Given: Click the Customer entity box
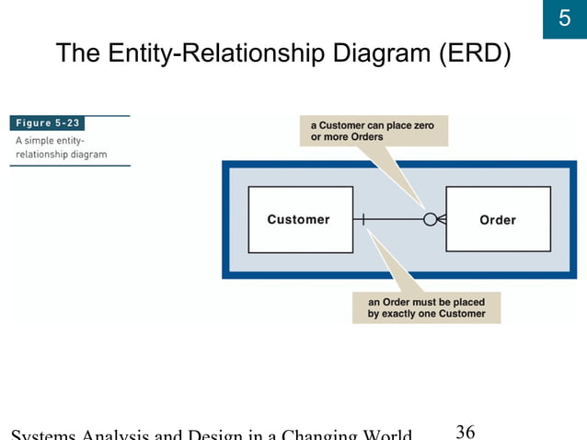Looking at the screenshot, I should click(x=300, y=219).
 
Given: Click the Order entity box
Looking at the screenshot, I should click(x=498, y=219).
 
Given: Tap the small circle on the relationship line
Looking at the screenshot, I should click(x=430, y=219).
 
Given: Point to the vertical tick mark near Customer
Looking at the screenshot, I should click(x=363, y=219).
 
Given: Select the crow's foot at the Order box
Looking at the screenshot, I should click(x=441, y=219).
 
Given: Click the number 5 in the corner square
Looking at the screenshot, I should click(x=564, y=19).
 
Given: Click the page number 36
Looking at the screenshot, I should click(x=466, y=431).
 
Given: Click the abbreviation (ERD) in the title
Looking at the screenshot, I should click(x=470, y=53).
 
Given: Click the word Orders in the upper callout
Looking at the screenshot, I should click(x=365, y=137).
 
